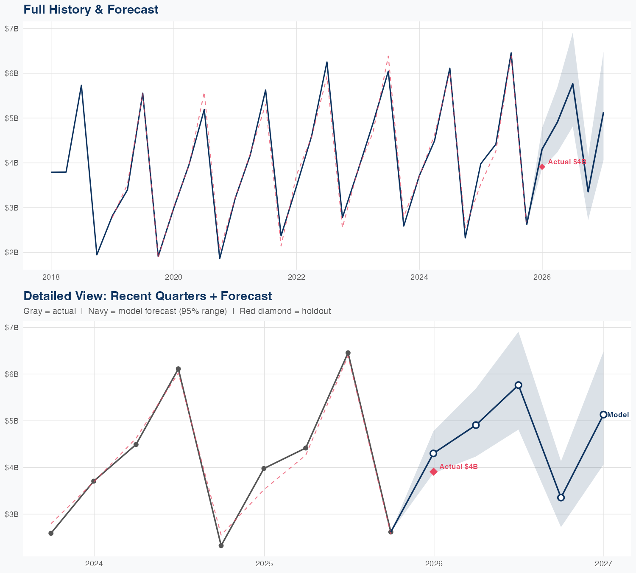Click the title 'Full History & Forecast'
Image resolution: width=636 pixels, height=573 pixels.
[x=91, y=9]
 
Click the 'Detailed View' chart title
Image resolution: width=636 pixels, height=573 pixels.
[x=148, y=296]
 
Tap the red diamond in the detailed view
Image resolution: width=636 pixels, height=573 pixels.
[x=433, y=472]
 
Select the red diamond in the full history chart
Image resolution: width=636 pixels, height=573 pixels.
[x=542, y=167]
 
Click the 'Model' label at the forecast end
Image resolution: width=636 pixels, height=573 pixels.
[x=618, y=415]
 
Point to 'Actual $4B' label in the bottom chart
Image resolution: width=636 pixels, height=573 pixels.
[x=458, y=467]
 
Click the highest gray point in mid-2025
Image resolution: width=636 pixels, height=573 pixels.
[x=348, y=353]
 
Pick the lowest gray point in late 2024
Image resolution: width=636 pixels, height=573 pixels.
[x=221, y=545]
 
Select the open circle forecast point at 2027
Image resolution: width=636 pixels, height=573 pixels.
[x=603, y=415]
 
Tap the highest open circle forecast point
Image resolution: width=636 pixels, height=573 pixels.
[x=518, y=385]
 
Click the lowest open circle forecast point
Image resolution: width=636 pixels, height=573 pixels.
[x=561, y=497]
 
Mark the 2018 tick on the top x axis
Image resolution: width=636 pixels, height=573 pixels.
[x=51, y=277]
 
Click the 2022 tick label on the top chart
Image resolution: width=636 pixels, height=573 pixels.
[x=296, y=277]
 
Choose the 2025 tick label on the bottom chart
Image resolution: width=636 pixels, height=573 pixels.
[x=264, y=564]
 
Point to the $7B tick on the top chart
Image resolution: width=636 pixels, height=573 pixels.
[x=11, y=28]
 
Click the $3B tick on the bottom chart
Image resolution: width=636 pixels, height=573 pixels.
[x=11, y=514]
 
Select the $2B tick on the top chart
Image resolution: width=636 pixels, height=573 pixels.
[x=11, y=253]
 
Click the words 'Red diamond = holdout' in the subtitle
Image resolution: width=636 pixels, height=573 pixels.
[x=285, y=311]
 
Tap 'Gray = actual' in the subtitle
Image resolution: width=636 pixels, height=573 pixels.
[x=50, y=311]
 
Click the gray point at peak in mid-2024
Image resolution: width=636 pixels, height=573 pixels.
[x=179, y=369]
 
